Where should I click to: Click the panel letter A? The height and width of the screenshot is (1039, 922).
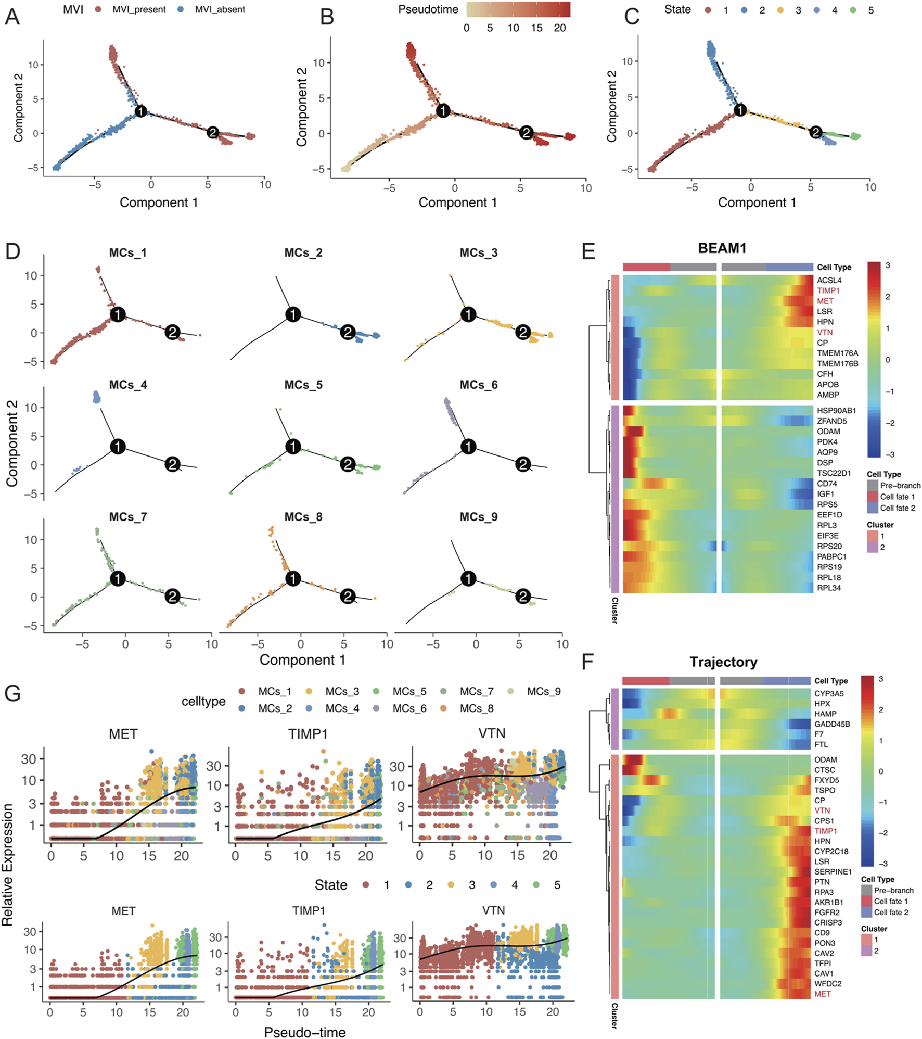pos(12,17)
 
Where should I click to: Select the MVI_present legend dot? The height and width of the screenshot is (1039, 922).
pos(98,10)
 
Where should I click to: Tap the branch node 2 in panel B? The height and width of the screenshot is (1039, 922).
pos(527,133)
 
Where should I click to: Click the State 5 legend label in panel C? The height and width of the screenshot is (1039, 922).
pos(870,10)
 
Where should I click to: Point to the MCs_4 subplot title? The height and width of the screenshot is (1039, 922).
pos(127,385)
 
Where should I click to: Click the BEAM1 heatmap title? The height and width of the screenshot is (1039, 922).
pos(722,248)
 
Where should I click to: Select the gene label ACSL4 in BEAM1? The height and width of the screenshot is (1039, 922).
pos(829,281)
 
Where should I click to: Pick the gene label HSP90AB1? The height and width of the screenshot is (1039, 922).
pos(836,411)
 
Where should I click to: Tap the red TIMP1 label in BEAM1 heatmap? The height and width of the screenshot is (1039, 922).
pos(828,291)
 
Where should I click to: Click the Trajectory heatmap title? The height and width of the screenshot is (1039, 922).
pos(723,662)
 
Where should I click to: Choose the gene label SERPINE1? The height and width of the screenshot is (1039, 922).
pos(833,871)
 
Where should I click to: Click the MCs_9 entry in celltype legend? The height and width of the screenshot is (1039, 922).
pos(544,692)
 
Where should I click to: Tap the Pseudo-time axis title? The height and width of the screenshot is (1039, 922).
pos(305,1032)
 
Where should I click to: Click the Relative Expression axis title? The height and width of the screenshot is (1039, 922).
pos(7,865)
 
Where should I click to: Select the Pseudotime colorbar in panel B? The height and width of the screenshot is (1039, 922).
pos(518,9)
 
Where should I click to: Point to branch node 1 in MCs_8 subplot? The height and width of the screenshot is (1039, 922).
pos(293,578)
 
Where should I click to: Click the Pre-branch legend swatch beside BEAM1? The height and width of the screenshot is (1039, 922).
pos(873,485)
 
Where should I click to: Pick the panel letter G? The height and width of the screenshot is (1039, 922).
pos(12,693)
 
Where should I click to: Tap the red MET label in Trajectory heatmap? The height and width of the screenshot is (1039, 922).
pos(823,994)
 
